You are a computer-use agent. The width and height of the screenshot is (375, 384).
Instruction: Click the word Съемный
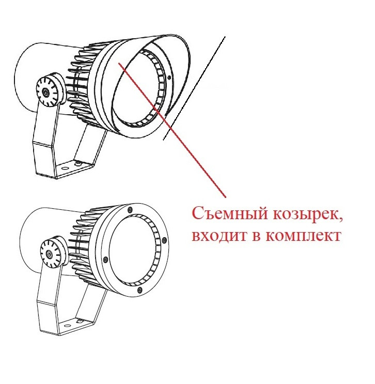(230, 213)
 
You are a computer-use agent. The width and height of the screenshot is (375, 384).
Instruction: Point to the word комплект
(303, 236)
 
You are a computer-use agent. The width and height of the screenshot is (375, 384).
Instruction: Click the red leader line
(172, 130)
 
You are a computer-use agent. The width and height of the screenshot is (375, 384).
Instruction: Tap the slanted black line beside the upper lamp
(194, 88)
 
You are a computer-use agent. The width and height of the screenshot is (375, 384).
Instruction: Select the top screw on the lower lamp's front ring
(130, 210)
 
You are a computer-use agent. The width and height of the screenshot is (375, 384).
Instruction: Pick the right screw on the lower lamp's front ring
(164, 240)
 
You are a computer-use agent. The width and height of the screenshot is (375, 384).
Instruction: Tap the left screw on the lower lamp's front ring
(106, 259)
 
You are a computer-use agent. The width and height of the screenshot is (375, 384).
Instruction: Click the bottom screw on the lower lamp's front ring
(139, 290)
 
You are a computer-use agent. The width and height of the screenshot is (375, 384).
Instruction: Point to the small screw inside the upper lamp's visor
(169, 78)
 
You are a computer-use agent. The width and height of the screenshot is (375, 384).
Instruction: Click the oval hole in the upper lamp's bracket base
(65, 168)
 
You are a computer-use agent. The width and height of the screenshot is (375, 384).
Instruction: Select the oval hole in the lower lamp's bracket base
(67, 326)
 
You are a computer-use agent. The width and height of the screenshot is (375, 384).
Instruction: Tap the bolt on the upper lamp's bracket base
(79, 163)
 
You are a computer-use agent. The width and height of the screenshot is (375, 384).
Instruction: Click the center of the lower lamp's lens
(133, 251)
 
